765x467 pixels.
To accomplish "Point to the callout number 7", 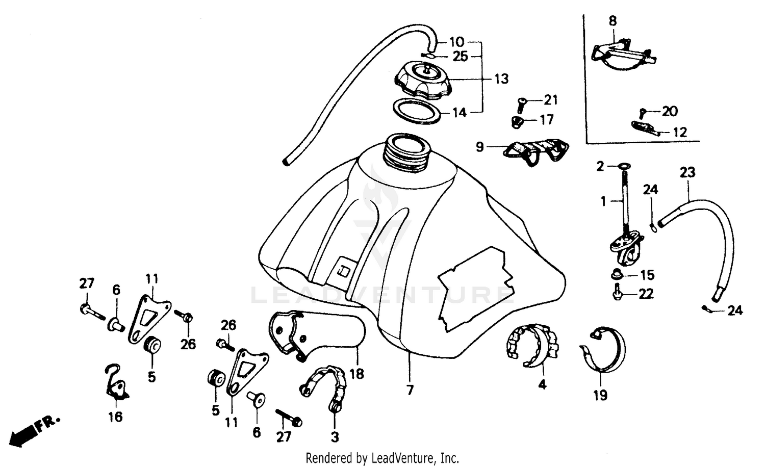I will (x=410, y=391).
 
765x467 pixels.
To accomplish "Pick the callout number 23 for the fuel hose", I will (x=687, y=172).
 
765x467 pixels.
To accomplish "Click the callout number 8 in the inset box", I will (x=613, y=21).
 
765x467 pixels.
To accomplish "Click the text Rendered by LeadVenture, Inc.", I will (x=382, y=457).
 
